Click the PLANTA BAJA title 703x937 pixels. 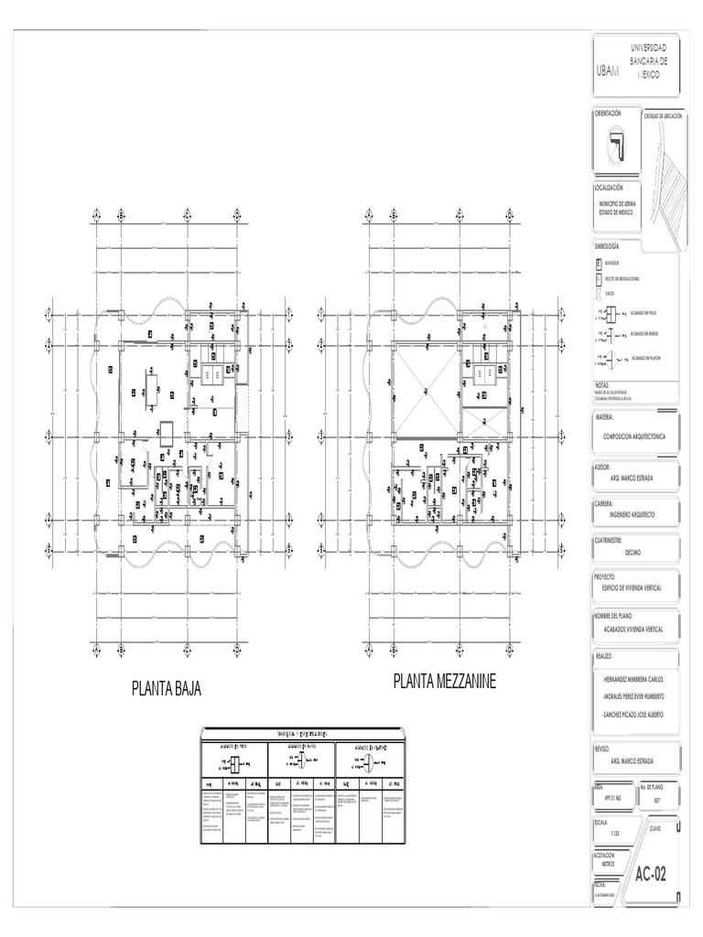coord(167,688)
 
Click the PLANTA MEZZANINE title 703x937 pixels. coord(445,682)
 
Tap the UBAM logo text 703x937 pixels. coord(607,70)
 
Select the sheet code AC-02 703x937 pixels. coord(651,874)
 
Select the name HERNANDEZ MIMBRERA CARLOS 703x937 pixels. coord(633,680)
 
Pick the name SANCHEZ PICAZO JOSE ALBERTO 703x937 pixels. coord(633,714)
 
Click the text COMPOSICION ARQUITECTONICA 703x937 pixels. coord(635,437)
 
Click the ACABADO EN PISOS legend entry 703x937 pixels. coord(644,312)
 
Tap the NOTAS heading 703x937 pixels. coord(601,385)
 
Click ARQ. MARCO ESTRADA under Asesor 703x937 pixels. coord(633,477)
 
